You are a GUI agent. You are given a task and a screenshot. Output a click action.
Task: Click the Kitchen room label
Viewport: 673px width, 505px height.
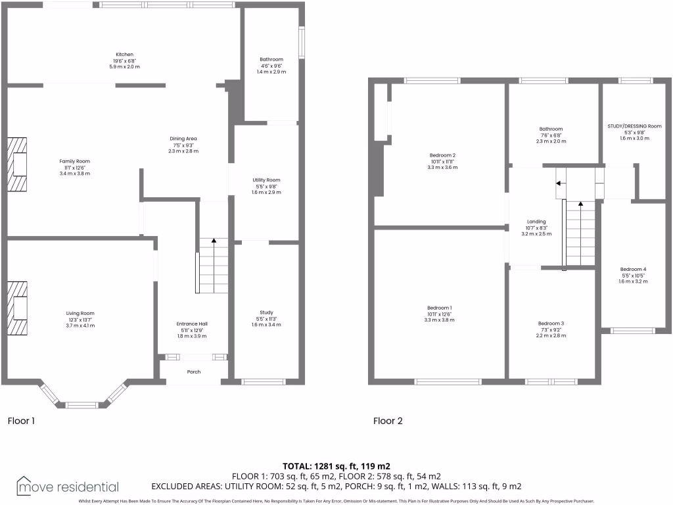click(125, 54)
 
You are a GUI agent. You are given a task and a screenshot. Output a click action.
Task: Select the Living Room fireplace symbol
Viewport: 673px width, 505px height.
click(18, 309)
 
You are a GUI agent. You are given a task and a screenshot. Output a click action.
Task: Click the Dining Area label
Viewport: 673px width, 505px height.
click(183, 139)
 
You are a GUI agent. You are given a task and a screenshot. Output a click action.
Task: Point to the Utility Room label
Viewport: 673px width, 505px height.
click(266, 180)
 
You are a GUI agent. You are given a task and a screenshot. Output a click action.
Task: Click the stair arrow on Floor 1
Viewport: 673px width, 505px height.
click(214, 242)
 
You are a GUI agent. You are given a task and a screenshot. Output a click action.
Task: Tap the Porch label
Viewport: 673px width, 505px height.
click(194, 372)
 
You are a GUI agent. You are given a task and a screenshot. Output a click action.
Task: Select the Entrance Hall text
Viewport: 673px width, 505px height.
click(192, 324)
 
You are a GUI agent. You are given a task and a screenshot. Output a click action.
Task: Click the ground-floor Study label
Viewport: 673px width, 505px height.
click(266, 312)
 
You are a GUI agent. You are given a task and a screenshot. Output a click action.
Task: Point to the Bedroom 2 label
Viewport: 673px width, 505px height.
click(443, 156)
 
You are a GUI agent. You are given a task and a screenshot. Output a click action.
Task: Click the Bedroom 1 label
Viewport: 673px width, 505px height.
click(440, 308)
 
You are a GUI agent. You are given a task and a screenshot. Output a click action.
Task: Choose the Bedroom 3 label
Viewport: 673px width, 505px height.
click(551, 324)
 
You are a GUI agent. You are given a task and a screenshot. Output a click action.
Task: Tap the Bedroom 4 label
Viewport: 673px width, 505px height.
click(633, 269)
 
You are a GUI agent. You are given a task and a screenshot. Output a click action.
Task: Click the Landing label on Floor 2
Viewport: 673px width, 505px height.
click(536, 222)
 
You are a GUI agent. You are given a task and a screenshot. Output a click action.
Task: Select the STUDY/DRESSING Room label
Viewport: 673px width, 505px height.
click(634, 126)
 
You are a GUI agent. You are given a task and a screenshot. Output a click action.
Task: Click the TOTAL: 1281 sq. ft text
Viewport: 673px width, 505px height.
click(336, 466)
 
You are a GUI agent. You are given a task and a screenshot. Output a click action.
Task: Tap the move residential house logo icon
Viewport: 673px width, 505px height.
click(25, 485)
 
